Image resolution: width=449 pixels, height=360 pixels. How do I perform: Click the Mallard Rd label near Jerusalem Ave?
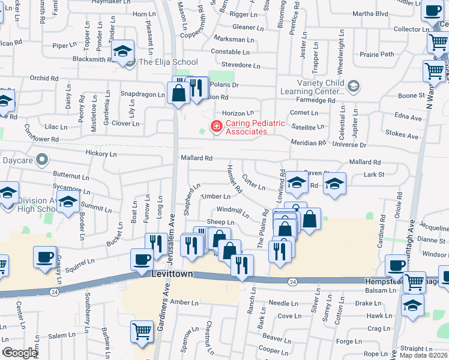click(x=196, y=158)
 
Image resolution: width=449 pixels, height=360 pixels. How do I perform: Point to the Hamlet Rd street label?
click(x=234, y=179)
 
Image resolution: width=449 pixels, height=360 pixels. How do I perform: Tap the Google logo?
click(x=19, y=353)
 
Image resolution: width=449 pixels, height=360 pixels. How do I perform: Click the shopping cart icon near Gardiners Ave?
click(x=142, y=331)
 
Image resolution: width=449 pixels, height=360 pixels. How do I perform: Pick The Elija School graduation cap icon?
click(x=122, y=52)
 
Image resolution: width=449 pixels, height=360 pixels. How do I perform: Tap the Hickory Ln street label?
click(x=100, y=154)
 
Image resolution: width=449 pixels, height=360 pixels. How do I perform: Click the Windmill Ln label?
click(x=233, y=211)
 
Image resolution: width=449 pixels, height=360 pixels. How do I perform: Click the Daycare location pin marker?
click(x=41, y=160)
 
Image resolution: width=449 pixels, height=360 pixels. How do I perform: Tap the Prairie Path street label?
click(x=377, y=54)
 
